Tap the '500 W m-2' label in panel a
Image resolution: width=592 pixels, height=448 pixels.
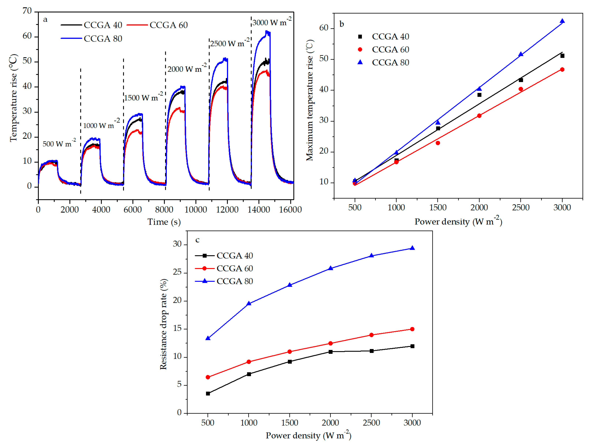point(59,144)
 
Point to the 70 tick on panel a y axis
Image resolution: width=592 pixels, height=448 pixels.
point(27,11)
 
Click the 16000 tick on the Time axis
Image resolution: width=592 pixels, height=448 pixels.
point(290,210)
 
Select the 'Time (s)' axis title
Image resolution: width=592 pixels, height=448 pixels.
point(164,222)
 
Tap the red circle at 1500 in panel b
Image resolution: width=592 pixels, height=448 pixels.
point(438,143)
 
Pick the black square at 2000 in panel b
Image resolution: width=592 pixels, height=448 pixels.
point(479,95)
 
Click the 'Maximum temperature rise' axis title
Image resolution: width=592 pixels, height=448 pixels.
point(310,100)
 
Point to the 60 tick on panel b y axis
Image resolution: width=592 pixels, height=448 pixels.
point(324,28)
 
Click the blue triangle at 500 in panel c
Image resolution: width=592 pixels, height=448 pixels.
point(208,338)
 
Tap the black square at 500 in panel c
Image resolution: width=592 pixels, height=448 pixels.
point(208,393)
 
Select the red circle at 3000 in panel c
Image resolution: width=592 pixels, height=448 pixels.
point(412,329)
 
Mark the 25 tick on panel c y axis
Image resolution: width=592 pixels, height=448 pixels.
point(177,272)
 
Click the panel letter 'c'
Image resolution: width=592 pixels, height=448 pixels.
point(197,240)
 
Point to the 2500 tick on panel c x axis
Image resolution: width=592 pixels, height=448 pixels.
point(371,423)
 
